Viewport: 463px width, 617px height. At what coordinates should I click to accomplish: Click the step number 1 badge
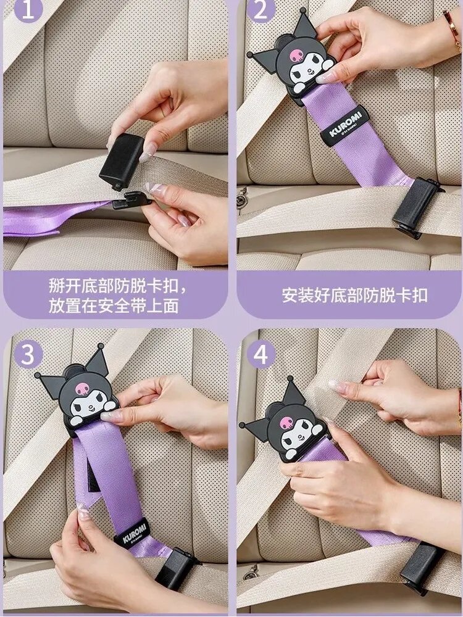tap(28, 10)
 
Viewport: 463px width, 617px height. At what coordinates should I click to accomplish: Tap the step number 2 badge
tap(261, 10)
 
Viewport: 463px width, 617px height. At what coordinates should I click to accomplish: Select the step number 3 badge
tap(28, 354)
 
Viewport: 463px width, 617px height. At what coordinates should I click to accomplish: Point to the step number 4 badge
tap(261, 354)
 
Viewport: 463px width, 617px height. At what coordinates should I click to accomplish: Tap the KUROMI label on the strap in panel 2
tap(344, 126)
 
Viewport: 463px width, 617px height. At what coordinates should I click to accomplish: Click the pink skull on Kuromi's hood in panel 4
tap(286, 423)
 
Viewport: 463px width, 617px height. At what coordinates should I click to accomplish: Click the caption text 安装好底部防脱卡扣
tap(354, 295)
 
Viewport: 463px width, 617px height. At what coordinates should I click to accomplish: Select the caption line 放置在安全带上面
tap(114, 306)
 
